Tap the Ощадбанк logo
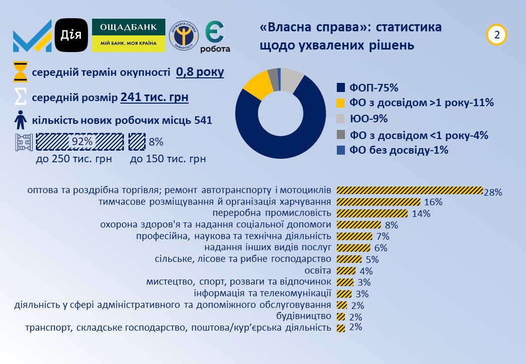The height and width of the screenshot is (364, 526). click(128, 35)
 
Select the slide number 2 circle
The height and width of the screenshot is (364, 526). click(497, 35)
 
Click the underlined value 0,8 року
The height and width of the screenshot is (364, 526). click(200, 72)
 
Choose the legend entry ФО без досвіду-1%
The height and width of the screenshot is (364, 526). click(392, 150)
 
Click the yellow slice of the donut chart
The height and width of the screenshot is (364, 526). click(257, 84)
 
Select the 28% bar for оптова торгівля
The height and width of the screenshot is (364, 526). click(410, 191)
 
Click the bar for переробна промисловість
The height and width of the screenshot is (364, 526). click(372, 213)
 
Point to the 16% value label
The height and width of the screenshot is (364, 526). click(433, 202)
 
